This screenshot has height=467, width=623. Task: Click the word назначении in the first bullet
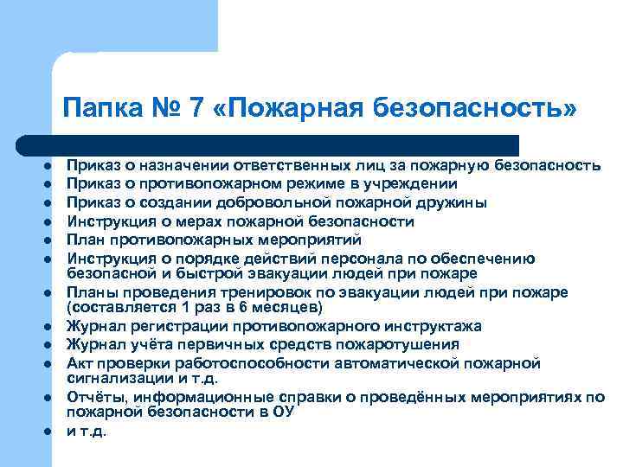[x=173, y=165]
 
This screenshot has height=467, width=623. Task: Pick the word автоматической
[x=360, y=362]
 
